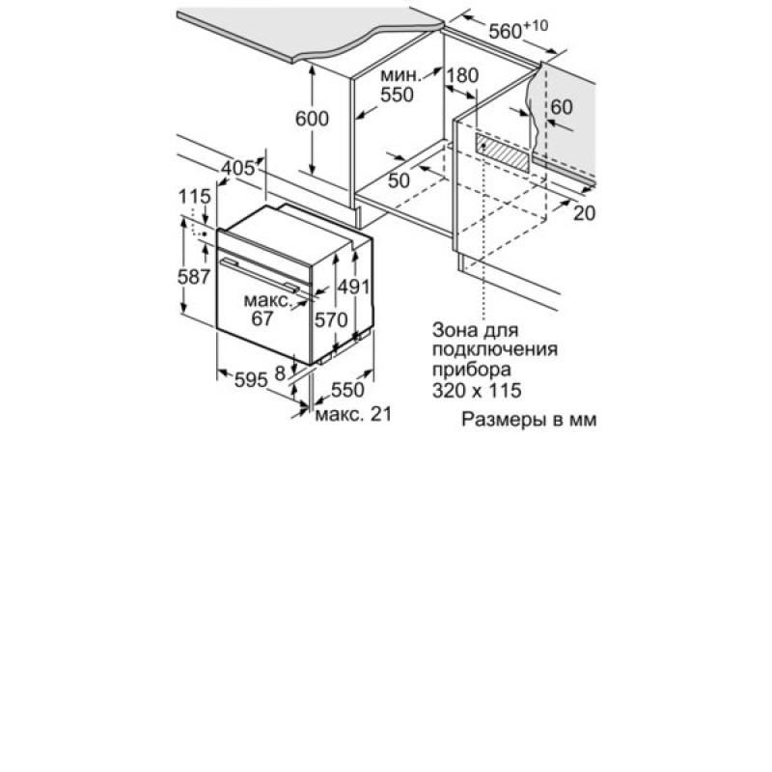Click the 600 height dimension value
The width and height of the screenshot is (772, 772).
pyautogui.click(x=312, y=119)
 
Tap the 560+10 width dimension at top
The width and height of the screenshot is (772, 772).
pyautogui.click(x=518, y=30)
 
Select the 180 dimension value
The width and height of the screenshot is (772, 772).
pyautogui.click(x=462, y=75)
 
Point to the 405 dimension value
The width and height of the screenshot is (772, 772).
pyautogui.click(x=238, y=168)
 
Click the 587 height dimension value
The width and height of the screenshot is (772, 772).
pyautogui.click(x=194, y=277)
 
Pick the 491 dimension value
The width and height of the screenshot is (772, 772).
pyautogui.click(x=353, y=287)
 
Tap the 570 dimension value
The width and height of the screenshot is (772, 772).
pyautogui.click(x=331, y=320)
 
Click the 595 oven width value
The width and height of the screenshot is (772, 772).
pyautogui.click(x=251, y=379)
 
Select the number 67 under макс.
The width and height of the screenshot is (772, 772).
pyautogui.click(x=262, y=318)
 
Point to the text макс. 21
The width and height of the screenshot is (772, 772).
pyautogui.click(x=353, y=414)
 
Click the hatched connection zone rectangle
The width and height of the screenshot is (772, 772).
pyautogui.click(x=502, y=152)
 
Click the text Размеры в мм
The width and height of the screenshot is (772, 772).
pyautogui.click(x=529, y=420)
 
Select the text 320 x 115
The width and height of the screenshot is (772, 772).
pyautogui.click(x=477, y=391)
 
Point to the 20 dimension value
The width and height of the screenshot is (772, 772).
pyautogui.click(x=585, y=212)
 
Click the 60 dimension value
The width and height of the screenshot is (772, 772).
pyautogui.click(x=562, y=107)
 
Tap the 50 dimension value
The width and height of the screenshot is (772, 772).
pyautogui.click(x=399, y=180)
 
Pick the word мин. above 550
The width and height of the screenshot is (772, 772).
pyautogui.click(x=401, y=76)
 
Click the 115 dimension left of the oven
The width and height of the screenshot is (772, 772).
pyautogui.click(x=194, y=197)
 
